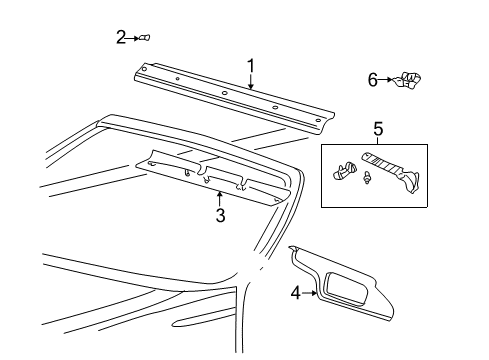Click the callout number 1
pyautogui.click(x=250, y=66)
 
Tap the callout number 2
pyautogui.click(x=121, y=37)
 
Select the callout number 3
pyautogui.click(x=220, y=215)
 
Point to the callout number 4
pyautogui.click(x=295, y=294)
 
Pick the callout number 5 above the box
pyautogui.click(x=378, y=129)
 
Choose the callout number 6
pyautogui.click(x=373, y=80)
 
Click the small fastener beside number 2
pyautogui.click(x=145, y=38)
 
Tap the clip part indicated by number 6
pyautogui.click(x=407, y=80)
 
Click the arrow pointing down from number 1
pyautogui.click(x=251, y=82)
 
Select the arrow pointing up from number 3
pyautogui.click(x=219, y=199)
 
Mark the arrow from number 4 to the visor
pyautogui.click(x=309, y=293)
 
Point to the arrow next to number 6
pyautogui.click(x=386, y=80)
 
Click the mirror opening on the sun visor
pyautogui.click(x=346, y=289)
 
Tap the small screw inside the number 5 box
pyautogui.click(x=367, y=178)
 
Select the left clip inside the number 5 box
pyautogui.click(x=344, y=170)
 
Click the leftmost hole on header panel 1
pyautogui.click(x=144, y=69)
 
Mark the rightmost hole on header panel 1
pyautogui.click(x=318, y=120)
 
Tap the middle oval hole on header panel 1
pyautogui.click(x=224, y=93)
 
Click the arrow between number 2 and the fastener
pyautogui.click(x=133, y=38)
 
